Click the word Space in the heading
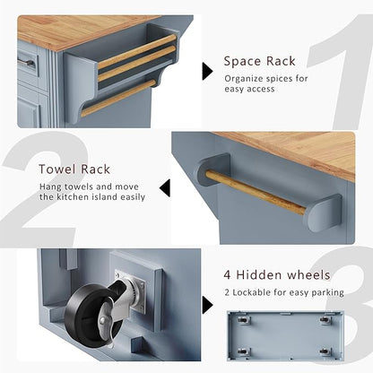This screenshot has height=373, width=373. point(242,62)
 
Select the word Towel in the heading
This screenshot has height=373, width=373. point(57,169)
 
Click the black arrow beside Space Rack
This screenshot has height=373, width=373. point(207,71)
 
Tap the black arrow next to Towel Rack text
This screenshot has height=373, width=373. point(165,188)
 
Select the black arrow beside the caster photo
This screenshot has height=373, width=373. point(207,305)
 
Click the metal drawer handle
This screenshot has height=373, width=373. point(26,62)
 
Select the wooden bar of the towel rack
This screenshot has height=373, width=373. point(256,192)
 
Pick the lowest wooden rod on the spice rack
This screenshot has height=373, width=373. point(119,98)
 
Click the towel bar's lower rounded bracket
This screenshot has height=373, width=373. point(325,213)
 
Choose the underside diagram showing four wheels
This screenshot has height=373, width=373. point(285,335)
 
